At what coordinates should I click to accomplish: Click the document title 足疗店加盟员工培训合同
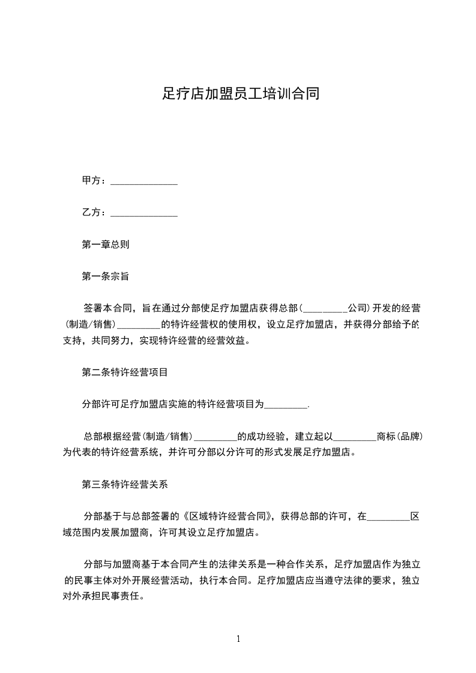(x=240, y=94)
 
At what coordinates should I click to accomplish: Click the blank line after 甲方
(x=145, y=181)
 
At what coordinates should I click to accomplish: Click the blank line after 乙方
(x=145, y=212)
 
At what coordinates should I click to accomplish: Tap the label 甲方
(x=92, y=181)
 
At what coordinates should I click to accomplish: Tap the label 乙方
(x=92, y=212)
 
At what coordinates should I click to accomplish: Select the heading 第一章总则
(x=105, y=245)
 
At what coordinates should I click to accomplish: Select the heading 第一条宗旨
(x=105, y=277)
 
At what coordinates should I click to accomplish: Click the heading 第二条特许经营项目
(x=124, y=372)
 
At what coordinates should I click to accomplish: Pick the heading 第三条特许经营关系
(x=124, y=484)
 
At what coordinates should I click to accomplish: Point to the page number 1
(x=238, y=639)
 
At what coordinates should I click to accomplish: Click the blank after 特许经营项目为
(x=286, y=405)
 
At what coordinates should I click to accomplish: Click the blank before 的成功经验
(x=216, y=437)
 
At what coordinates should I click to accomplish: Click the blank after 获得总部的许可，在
(x=388, y=516)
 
